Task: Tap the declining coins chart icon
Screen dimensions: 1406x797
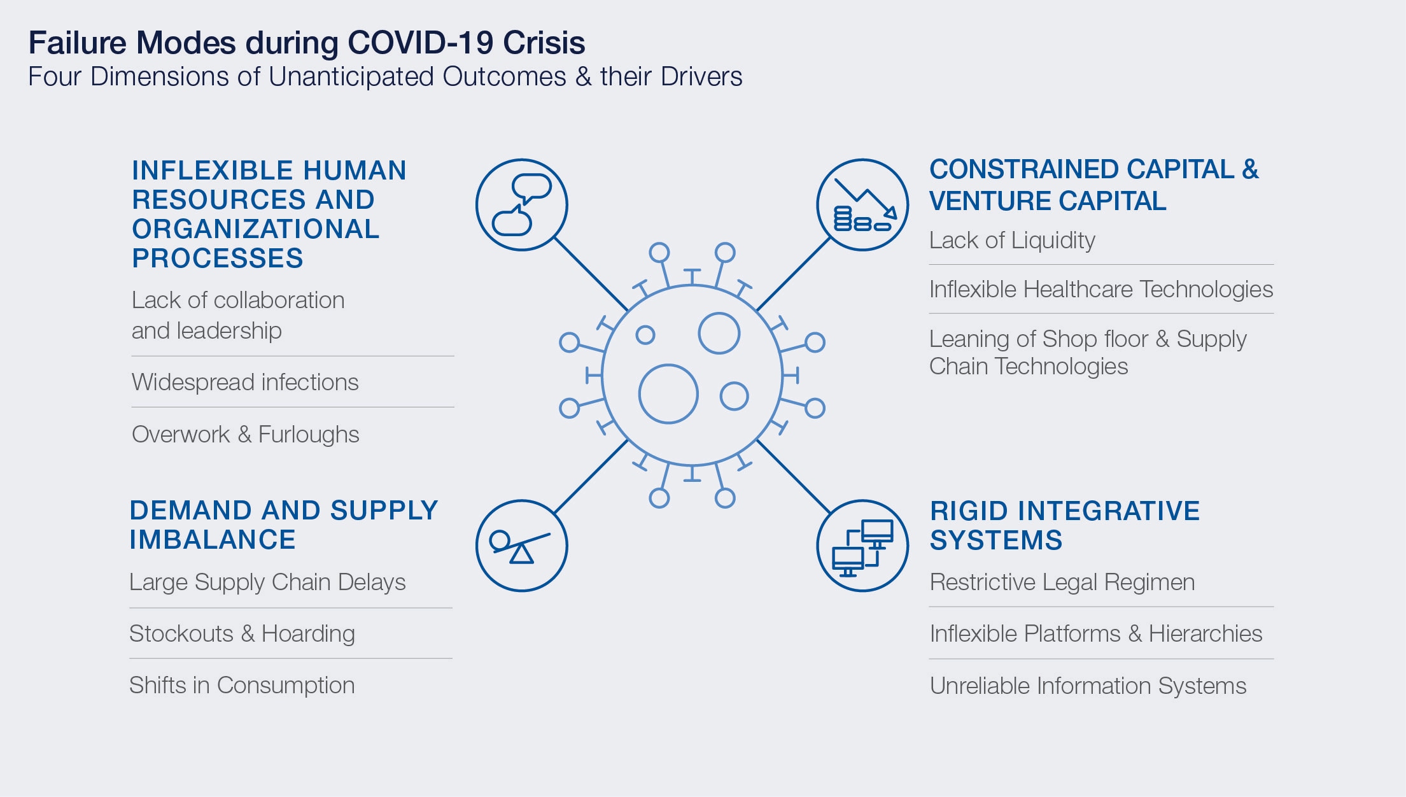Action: pos(863,204)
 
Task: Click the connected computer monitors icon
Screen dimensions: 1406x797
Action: pos(863,546)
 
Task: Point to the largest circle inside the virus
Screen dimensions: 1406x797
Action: pos(668,365)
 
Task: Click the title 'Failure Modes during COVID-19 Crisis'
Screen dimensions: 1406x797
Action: pos(307,43)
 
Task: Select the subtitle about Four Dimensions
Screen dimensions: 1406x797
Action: pos(385,77)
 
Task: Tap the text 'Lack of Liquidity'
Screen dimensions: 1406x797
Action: pos(1012,241)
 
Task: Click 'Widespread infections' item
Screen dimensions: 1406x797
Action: pos(245,382)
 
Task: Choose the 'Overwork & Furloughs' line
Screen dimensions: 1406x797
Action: pos(246,434)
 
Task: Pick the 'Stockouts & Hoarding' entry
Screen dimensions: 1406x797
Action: pos(243,633)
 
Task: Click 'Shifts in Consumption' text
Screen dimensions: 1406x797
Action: pos(242,685)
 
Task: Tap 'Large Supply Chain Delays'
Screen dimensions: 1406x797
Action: pos(267,582)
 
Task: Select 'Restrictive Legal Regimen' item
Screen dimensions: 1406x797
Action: pos(1062,582)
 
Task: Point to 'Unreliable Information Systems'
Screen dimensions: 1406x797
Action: pos(1088,686)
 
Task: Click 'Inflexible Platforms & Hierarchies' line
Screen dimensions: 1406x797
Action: pos(1096,633)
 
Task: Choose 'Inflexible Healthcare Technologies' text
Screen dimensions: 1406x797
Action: pos(1101,290)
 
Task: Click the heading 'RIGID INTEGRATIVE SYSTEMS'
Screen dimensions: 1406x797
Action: pos(1065,526)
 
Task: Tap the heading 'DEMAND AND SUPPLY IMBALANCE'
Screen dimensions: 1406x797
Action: pos(284,525)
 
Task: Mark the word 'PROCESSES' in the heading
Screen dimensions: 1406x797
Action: pos(218,258)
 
